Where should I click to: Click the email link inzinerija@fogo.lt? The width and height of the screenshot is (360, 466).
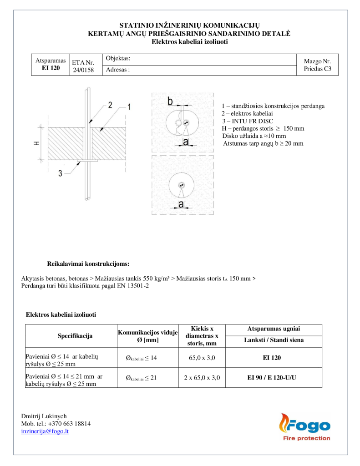pyautogui.click(x=45, y=431)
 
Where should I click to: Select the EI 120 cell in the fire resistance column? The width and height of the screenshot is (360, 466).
pyautogui.click(x=272, y=358)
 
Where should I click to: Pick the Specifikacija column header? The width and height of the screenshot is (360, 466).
pyautogui.click(x=75, y=336)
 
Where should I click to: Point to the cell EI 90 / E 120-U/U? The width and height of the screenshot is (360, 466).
pyautogui.click(x=272, y=377)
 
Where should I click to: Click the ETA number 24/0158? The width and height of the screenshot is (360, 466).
pyautogui.click(x=83, y=71)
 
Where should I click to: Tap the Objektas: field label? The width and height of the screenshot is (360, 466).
pyautogui.click(x=118, y=59)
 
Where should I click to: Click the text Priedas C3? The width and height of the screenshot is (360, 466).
pyautogui.click(x=317, y=70)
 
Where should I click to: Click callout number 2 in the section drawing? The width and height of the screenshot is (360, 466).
pyautogui.click(x=110, y=105)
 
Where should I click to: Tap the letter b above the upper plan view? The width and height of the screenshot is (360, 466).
pyautogui.click(x=170, y=101)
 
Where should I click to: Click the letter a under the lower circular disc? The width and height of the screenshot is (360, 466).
pyautogui.click(x=181, y=204)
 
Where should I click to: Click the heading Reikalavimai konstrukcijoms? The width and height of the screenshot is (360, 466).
pyautogui.click(x=88, y=263)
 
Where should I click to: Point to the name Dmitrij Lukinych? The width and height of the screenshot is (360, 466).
pyautogui.click(x=44, y=416)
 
